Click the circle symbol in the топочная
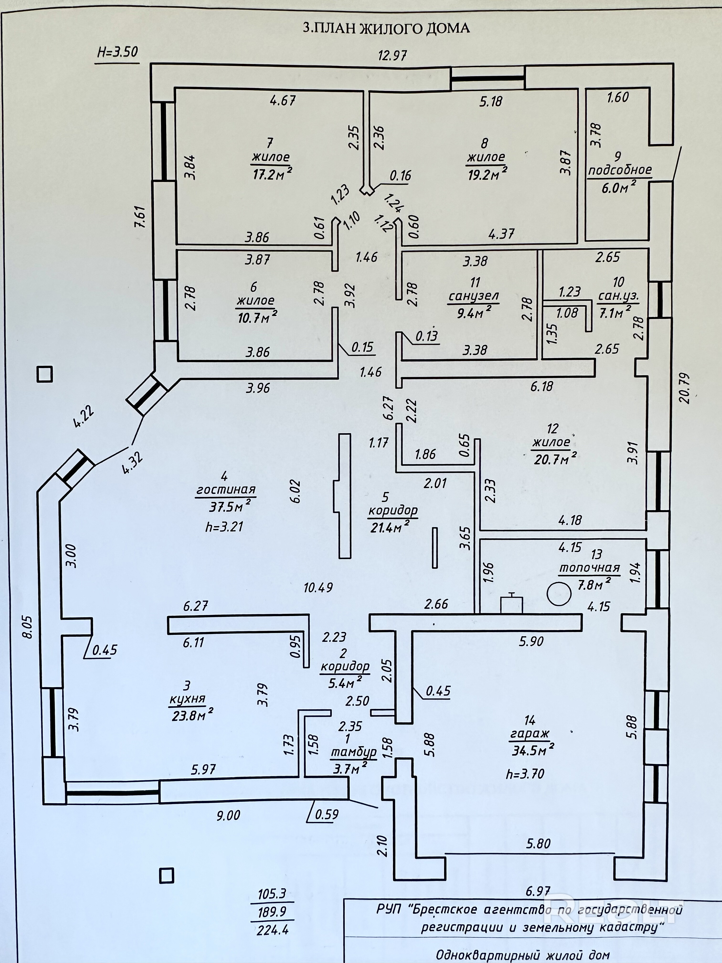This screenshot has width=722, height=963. click(559, 593)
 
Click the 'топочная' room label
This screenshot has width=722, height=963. click(589, 568)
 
